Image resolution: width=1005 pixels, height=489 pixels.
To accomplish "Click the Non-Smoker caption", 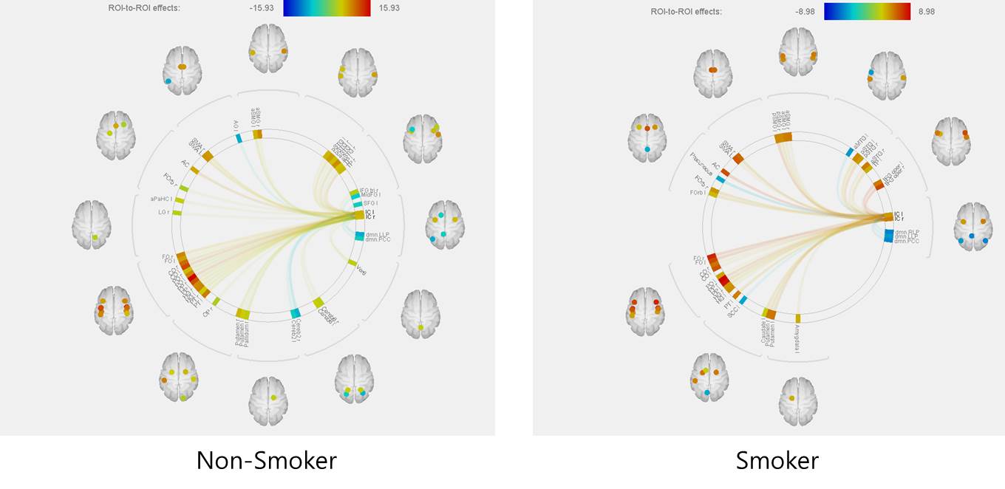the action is coord(266,461).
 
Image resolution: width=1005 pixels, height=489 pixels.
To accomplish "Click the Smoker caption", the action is coord(777,461).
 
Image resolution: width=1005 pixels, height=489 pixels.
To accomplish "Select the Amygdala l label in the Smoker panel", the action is coord(797,338).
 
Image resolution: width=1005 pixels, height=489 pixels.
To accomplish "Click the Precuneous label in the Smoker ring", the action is coord(703,159).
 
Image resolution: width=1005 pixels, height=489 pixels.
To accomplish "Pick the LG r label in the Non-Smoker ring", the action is coord(164,212).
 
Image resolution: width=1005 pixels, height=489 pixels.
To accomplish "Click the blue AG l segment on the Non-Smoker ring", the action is coord(239,138).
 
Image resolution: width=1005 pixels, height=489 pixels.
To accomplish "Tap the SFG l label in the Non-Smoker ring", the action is coord(370,202).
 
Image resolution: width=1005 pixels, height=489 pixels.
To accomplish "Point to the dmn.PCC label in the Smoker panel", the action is coord(908,241).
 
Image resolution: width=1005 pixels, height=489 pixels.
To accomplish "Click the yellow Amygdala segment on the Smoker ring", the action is coord(797,318).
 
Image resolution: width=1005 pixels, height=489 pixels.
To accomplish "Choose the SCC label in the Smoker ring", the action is coord(733,313).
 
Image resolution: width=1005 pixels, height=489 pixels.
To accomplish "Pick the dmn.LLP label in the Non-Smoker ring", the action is coord(378,234).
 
